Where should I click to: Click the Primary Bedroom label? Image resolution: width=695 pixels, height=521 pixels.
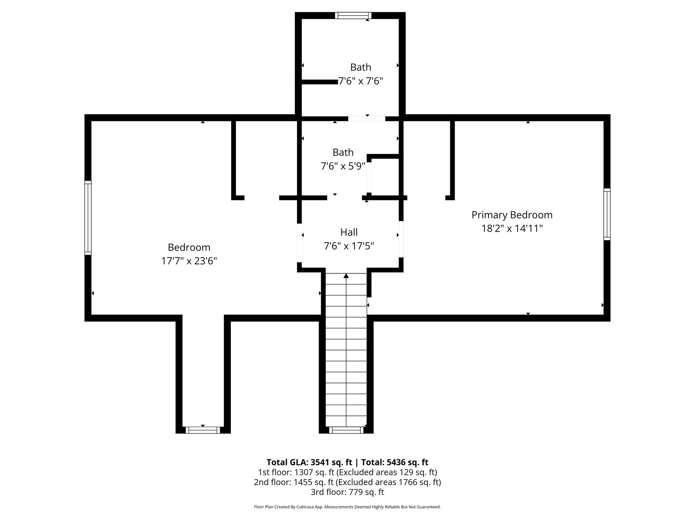tap(512, 215)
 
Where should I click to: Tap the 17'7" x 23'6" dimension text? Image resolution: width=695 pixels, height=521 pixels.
tap(189, 261)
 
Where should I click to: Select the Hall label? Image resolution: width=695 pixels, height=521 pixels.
tap(349, 232)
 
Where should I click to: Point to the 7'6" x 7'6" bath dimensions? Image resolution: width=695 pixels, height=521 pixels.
tap(361, 81)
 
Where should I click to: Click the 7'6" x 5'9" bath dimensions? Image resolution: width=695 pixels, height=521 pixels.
tap(343, 166)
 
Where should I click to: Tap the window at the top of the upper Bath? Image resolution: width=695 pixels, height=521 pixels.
tap(353, 16)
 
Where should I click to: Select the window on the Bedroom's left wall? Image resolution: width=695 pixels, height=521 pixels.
tap(88, 217)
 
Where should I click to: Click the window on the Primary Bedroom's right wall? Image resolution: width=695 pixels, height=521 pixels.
tap(607, 214)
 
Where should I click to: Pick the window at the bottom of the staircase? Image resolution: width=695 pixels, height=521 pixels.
tap(346, 430)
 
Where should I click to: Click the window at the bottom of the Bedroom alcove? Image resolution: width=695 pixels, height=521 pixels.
tap(203, 430)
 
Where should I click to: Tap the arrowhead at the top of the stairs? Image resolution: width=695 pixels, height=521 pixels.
tap(346, 276)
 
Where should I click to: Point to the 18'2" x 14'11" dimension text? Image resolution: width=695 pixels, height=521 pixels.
tap(512, 229)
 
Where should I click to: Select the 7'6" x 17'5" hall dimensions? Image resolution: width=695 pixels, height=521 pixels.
tap(349, 246)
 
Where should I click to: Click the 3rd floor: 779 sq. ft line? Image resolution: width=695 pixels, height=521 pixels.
tap(347, 492)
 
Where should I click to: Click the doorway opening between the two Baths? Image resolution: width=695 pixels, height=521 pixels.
tap(367, 119)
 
